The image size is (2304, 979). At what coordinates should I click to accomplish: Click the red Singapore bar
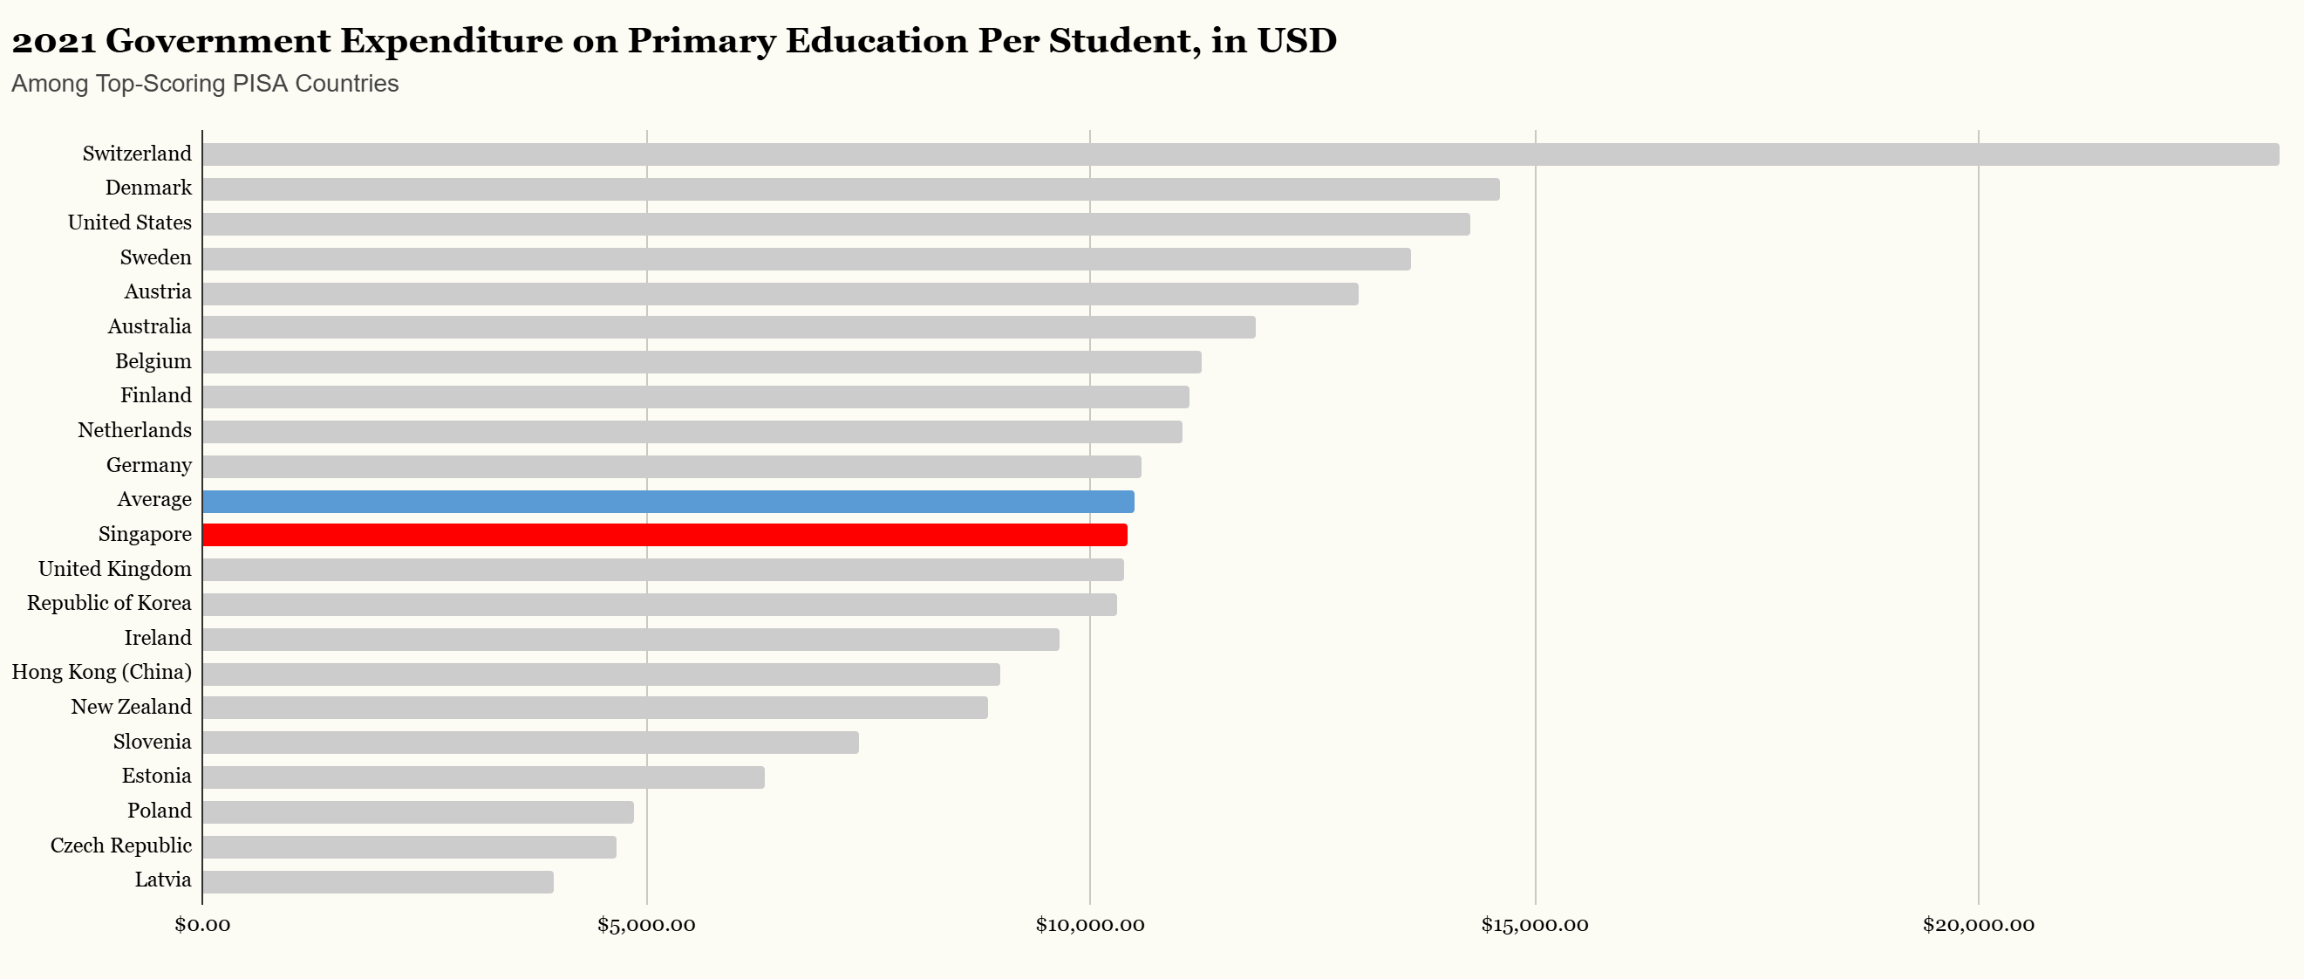coord(665,535)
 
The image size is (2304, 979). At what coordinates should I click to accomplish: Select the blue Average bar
coord(668,501)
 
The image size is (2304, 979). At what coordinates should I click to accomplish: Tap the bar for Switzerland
coord(1241,154)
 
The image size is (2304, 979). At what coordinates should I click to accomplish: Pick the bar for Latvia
coord(378,881)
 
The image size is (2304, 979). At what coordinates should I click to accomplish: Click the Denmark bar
coord(850,188)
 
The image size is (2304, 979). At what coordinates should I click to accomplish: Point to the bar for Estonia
coord(483,777)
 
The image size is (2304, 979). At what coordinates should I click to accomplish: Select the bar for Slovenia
coord(530,743)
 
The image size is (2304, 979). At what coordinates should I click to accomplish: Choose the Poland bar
coord(418,811)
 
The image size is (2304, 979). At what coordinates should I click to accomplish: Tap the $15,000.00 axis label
coord(1534,925)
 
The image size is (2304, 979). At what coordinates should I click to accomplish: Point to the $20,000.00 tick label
coord(1978,925)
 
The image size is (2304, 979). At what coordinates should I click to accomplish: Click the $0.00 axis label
coord(202,925)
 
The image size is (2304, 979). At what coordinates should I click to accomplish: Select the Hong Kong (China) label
coord(102,672)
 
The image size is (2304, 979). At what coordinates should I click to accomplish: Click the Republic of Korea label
coord(109,603)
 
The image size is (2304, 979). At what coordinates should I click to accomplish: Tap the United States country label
coord(130,222)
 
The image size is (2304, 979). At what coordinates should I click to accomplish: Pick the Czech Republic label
coord(120,845)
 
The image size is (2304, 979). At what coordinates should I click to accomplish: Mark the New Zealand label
coord(132,707)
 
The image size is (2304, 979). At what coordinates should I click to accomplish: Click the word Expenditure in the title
coord(451,41)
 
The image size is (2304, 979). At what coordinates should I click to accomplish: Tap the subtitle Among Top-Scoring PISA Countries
coord(205,83)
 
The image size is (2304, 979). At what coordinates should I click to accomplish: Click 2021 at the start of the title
coord(53,41)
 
